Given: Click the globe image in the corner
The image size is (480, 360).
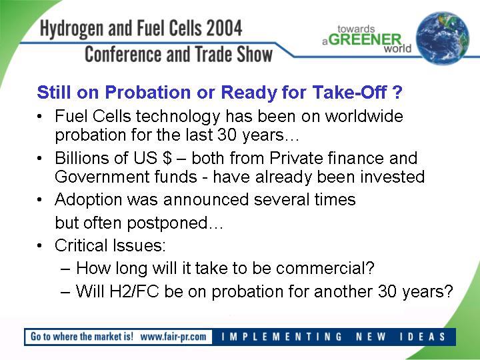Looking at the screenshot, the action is [x=443, y=38].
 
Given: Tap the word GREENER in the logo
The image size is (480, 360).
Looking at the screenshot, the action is [x=366, y=39].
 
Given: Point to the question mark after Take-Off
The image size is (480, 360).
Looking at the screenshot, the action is [x=397, y=92].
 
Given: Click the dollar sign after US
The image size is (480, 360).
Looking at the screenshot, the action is [x=167, y=158].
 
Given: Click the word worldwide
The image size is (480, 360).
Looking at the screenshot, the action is [x=364, y=116].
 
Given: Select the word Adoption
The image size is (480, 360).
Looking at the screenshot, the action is [x=89, y=200].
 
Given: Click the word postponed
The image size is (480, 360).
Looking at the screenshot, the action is [x=167, y=223].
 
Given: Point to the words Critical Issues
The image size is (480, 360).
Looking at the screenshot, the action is [x=110, y=245].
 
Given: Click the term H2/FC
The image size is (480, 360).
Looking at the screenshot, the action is [x=134, y=291].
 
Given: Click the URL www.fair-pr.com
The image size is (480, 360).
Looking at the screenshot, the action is [x=173, y=337].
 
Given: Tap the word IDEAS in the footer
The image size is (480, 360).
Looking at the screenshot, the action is [x=423, y=337].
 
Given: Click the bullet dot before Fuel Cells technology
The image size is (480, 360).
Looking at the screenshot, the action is [x=39, y=117].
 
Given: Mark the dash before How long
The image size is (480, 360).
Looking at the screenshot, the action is [x=65, y=269].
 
